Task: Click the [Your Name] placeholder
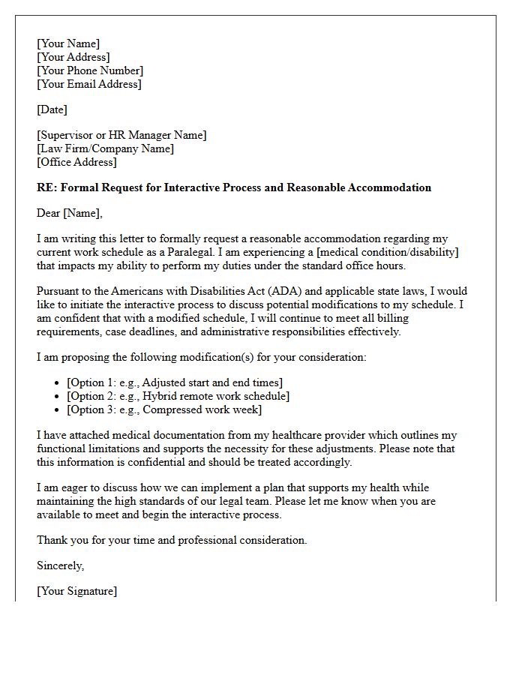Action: [x=68, y=43]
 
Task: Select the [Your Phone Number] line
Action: [x=90, y=70]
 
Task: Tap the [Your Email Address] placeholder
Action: [x=88, y=84]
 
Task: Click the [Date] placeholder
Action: [x=52, y=109]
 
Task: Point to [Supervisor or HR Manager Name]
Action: [x=121, y=135]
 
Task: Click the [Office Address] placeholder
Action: [x=76, y=162]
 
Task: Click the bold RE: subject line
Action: [x=234, y=187]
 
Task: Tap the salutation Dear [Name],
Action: [x=70, y=213]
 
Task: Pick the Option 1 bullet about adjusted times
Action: [x=175, y=382]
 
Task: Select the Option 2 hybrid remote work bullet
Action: [x=178, y=396]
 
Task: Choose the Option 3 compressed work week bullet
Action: [x=164, y=409]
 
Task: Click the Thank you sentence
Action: [x=172, y=540]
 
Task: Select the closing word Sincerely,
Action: [x=61, y=565]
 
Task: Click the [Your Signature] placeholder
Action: [x=76, y=591]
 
